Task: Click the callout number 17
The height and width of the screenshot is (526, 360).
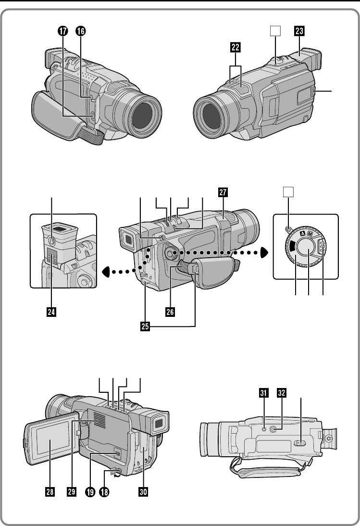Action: pos(62,31)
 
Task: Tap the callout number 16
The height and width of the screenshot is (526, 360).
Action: pos(80,31)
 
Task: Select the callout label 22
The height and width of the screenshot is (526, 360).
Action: pos(236,47)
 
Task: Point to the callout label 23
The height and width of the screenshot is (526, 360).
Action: pos(299,31)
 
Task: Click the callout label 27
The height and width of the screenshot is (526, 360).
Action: pos(223,192)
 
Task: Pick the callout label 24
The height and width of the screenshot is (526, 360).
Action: pos(51,312)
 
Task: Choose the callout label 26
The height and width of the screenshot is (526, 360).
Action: pos(170,312)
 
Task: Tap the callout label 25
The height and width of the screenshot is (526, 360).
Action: pos(145,326)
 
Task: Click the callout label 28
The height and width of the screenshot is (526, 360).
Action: pos(50,492)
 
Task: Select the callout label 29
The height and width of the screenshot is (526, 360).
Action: pos(72,492)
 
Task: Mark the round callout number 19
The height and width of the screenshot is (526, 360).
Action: pos(90,492)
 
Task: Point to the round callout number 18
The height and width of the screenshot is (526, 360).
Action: pos(104,492)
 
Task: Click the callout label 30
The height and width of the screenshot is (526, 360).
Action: pos(143,492)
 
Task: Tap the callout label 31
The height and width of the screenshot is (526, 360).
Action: pos(264,393)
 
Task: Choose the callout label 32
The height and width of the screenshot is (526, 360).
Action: pos(282,393)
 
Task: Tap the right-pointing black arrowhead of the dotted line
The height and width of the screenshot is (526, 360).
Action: pos(265,252)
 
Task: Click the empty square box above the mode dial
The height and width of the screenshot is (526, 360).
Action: pos(288,192)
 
